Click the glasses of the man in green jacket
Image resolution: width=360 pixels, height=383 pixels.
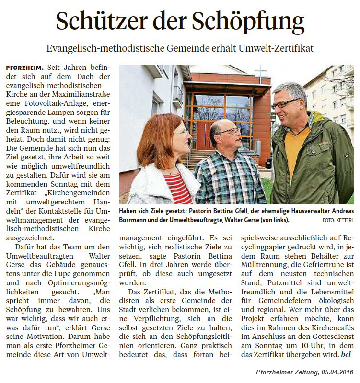[x=287, y=103]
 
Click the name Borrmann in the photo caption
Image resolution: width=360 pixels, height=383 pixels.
[x=135, y=220]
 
